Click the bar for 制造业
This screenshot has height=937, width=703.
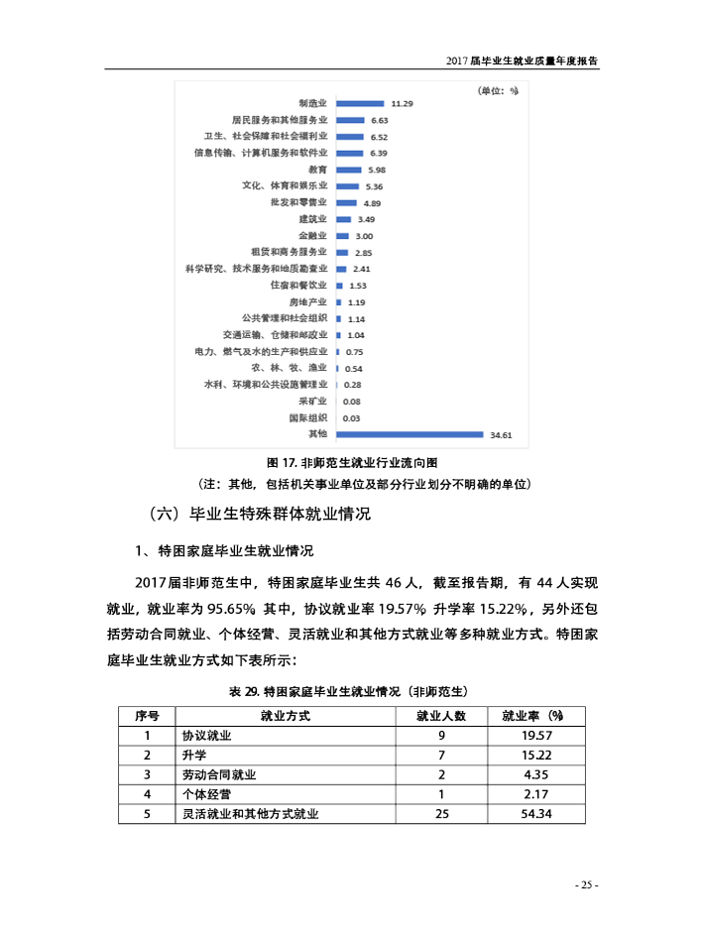coord(360,102)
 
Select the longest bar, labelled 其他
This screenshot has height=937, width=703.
coord(410,433)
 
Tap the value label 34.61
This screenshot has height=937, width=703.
coord(500,434)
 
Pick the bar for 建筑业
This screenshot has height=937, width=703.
coord(344,218)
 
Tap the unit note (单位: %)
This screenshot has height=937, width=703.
coord(499,91)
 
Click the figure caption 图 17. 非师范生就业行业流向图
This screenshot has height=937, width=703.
coord(352,463)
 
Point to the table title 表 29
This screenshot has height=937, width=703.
coord(351,690)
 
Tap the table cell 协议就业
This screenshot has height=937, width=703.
coord(207,736)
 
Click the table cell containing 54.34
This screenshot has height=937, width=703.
coord(535,814)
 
